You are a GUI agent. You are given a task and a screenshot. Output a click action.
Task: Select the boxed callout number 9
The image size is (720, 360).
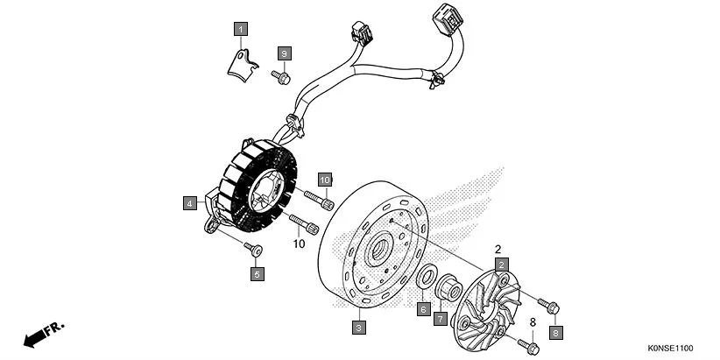pos(284,54)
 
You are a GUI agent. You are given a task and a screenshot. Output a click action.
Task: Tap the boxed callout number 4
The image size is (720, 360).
pos(190,203)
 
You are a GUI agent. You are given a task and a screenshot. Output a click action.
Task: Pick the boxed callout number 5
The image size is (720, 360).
pos(257,274)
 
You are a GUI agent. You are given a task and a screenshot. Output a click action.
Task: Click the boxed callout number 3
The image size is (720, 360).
pos(357,328)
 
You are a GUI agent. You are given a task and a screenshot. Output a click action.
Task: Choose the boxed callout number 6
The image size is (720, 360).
pos(423,309)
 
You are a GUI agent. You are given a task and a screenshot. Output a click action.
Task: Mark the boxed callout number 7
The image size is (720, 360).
pos(441,318)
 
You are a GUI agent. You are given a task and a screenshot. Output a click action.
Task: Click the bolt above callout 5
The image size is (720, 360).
pos(252,249)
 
